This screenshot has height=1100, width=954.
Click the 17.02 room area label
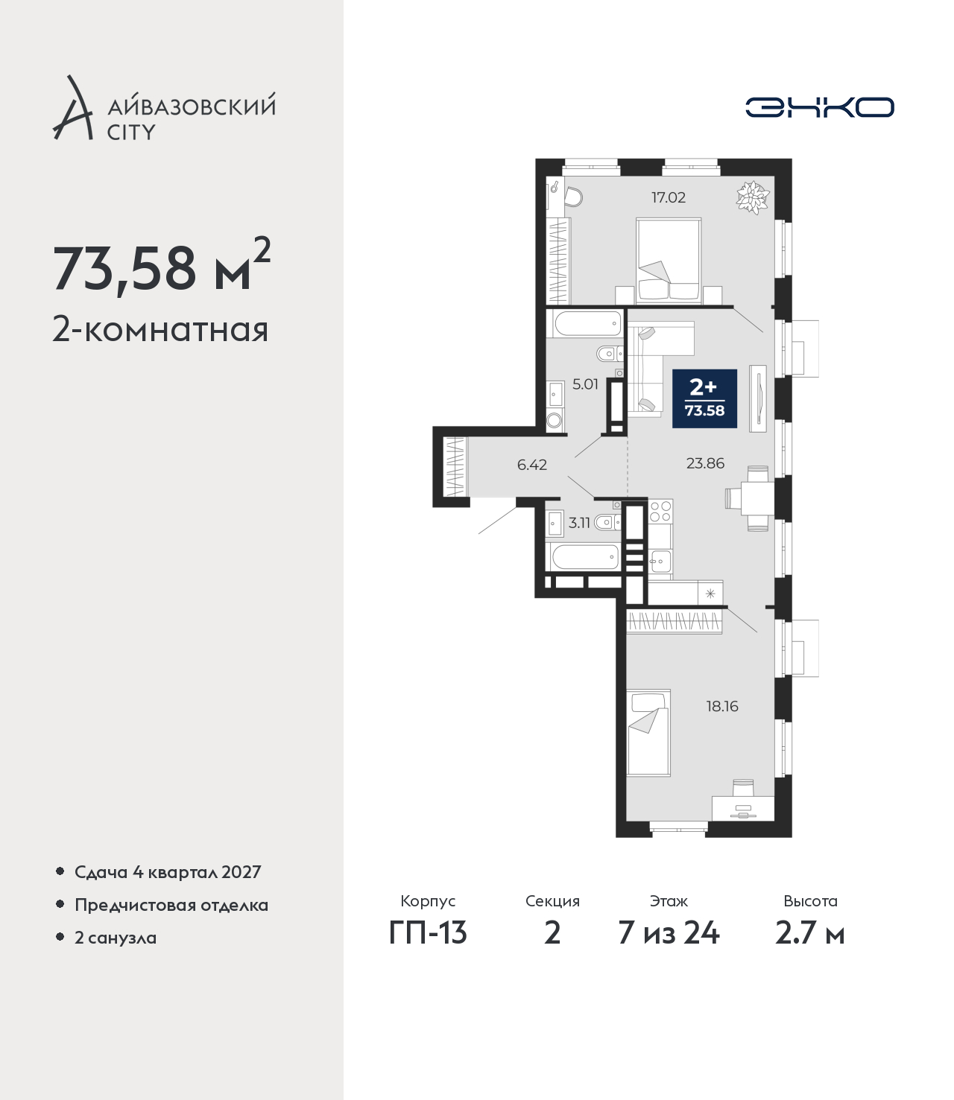click(x=669, y=197)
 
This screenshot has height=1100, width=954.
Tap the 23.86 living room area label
click(x=705, y=463)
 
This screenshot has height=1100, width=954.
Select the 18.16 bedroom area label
click(x=722, y=706)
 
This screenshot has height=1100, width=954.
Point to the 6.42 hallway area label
click(x=531, y=465)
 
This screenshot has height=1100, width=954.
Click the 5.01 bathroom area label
click(x=585, y=384)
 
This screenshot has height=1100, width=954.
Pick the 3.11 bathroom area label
click(x=579, y=523)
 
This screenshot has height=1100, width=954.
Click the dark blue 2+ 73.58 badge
click(x=705, y=398)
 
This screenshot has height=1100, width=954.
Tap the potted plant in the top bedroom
click(x=754, y=197)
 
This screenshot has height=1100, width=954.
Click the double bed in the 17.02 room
click(x=669, y=260)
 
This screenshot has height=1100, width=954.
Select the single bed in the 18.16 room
click(x=648, y=732)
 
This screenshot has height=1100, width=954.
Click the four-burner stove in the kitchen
click(x=660, y=511)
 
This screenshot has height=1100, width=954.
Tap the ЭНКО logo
click(x=820, y=107)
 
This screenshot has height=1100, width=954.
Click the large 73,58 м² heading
click(x=162, y=267)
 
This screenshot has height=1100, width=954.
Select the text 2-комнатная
click(x=160, y=331)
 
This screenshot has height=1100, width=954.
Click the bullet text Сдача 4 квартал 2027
click(x=168, y=871)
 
